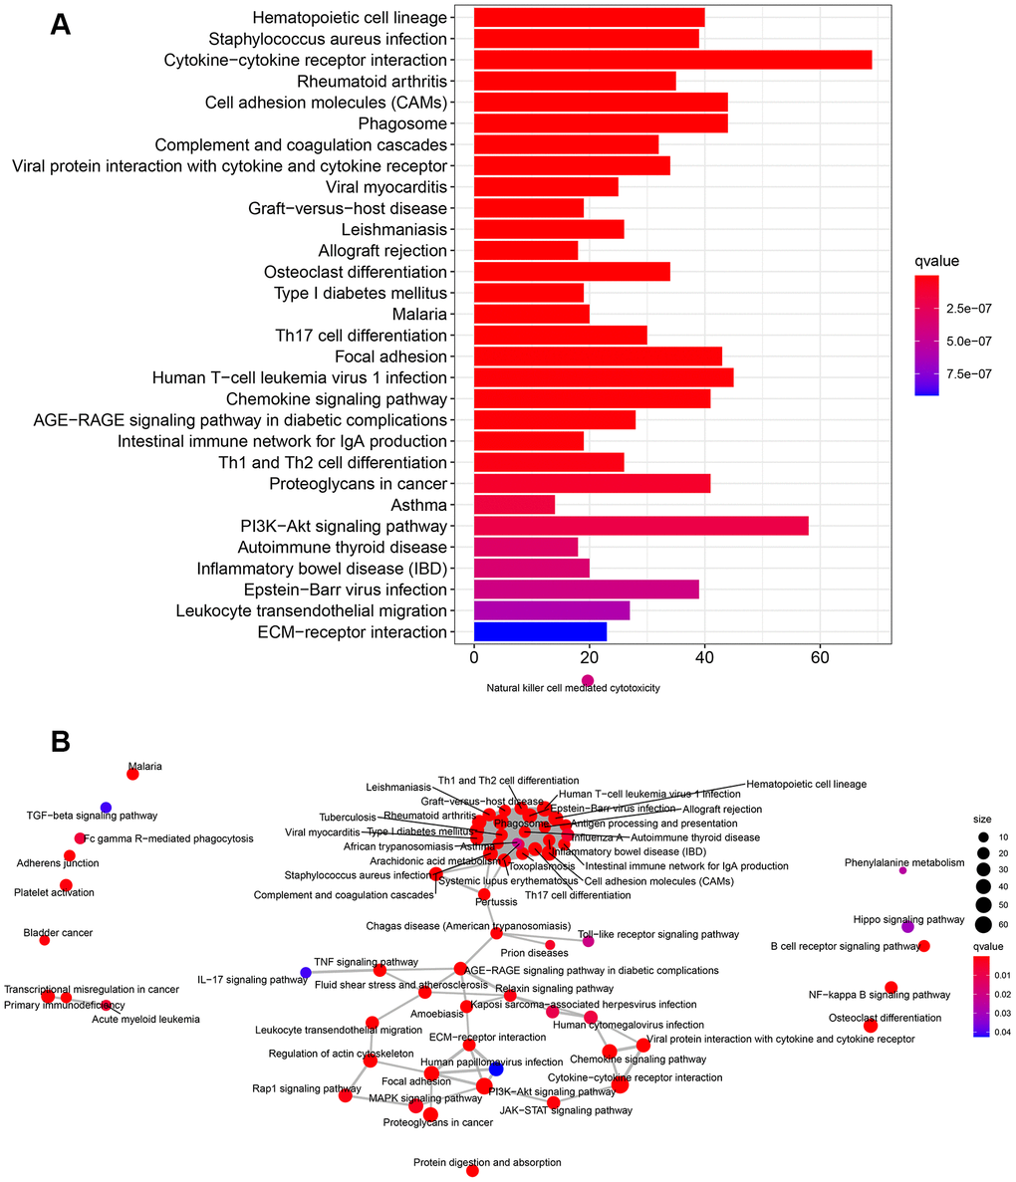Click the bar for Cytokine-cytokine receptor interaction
point(672,60)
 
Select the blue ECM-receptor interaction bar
point(540,631)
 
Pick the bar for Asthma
point(514,505)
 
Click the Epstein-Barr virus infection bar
point(586,590)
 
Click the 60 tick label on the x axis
point(820,659)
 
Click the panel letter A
point(61,25)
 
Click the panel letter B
point(61,741)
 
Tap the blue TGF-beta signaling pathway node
point(106,807)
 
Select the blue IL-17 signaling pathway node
point(305,973)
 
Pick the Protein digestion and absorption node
point(472,1171)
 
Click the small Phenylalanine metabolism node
point(902,870)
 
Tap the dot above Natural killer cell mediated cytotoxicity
point(588,681)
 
